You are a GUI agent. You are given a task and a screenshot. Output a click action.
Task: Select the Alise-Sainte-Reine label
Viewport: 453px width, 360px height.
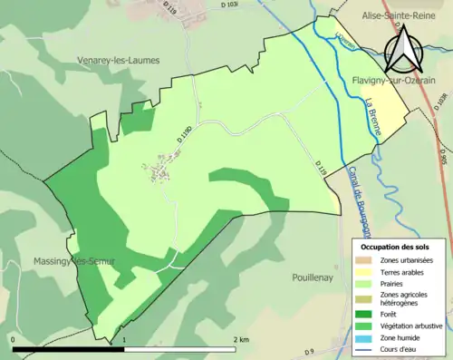coord(396,15)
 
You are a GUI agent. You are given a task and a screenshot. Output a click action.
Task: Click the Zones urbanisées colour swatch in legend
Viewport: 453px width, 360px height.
coord(365,261)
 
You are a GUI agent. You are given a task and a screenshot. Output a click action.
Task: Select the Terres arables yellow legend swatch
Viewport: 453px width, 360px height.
coord(365,273)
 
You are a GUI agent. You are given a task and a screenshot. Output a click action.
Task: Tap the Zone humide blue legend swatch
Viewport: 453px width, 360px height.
coord(365,336)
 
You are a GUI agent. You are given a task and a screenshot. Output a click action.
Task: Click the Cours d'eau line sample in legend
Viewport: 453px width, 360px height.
coord(365,348)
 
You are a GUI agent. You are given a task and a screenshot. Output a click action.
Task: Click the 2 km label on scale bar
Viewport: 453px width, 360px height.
coord(240,339)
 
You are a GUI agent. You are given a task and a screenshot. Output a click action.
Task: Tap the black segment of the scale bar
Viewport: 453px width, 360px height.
coord(68,348)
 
